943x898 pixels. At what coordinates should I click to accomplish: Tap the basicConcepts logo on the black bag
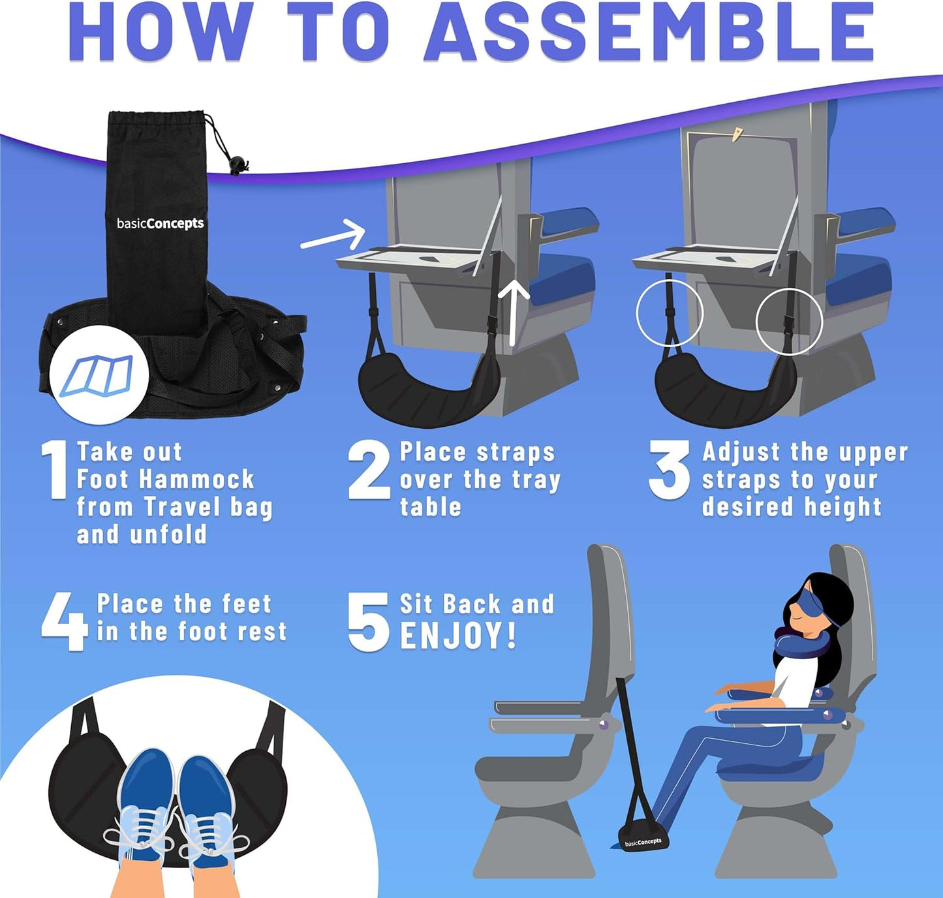pyautogui.click(x=160, y=223)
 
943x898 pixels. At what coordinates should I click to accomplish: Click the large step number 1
pyautogui.click(x=55, y=470)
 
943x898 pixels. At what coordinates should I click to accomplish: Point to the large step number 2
pyautogui.click(x=369, y=470)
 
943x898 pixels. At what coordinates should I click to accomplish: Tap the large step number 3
pyautogui.click(x=670, y=470)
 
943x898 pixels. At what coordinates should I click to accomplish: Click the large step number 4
pyautogui.click(x=63, y=621)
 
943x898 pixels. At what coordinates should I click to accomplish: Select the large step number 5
pyautogui.click(x=367, y=621)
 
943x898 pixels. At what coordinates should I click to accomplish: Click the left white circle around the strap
pyautogui.click(x=670, y=313)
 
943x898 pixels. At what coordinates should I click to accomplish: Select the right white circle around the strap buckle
pyautogui.click(x=788, y=321)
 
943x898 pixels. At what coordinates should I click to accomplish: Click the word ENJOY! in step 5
pyautogui.click(x=458, y=636)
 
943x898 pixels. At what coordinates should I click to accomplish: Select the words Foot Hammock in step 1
pyautogui.click(x=165, y=480)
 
